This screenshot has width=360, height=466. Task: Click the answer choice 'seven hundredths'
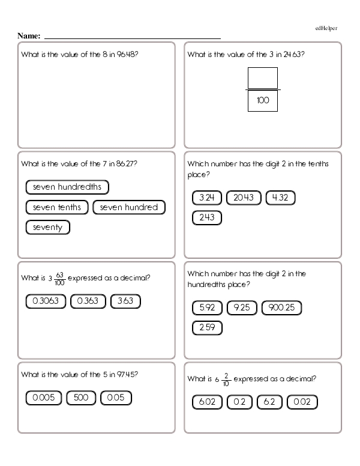[x=67, y=187]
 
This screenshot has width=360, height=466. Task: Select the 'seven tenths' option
[x=57, y=207]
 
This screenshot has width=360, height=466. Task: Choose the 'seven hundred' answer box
[x=129, y=207]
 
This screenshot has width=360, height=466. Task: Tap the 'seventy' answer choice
[x=48, y=228]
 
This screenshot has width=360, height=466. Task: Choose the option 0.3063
[x=46, y=301]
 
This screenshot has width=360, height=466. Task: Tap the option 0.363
[x=88, y=301]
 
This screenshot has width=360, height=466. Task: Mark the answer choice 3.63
[x=125, y=301]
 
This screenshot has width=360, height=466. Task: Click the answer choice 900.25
[x=281, y=308]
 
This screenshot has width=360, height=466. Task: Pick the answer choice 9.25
[x=241, y=308]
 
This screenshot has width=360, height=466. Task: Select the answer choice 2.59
[x=207, y=328]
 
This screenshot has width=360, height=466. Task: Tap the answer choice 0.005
[x=43, y=398]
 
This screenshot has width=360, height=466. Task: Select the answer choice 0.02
[x=303, y=402]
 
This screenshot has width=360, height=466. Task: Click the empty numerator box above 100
[x=263, y=78]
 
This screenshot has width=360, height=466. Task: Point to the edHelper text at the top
[x=328, y=28]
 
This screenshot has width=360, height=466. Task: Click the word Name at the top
[x=29, y=36]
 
